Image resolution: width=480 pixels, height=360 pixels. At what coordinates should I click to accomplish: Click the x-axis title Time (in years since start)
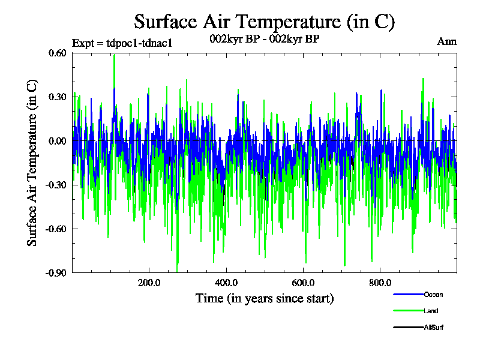click(265, 298)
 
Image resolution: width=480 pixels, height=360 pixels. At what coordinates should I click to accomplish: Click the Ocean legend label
click(433, 295)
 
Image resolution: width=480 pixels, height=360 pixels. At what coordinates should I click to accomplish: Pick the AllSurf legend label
click(433, 328)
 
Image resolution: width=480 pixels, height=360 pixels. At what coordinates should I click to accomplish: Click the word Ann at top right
click(446, 41)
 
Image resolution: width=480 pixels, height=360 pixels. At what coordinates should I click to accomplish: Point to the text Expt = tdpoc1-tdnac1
click(122, 43)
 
